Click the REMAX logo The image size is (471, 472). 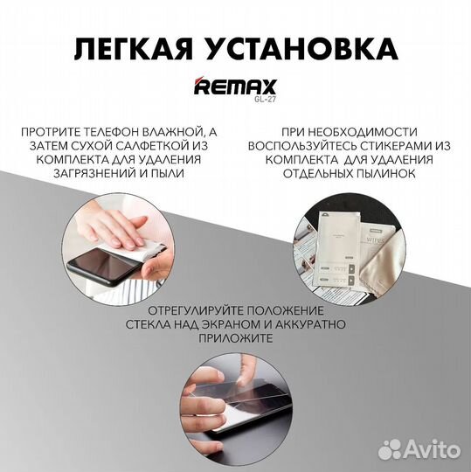pyautogui.click(x=236, y=87)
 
